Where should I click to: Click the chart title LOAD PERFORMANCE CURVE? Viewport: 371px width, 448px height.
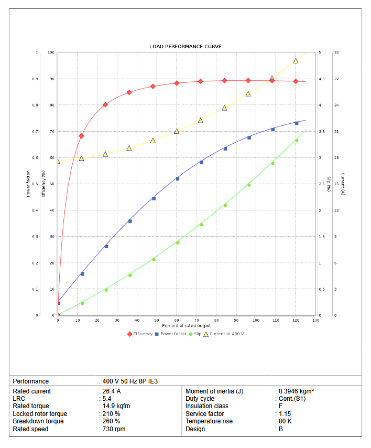click(x=185, y=47)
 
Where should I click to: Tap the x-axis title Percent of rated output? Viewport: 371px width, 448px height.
click(x=187, y=326)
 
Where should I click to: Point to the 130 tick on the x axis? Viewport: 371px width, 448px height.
click(x=316, y=320)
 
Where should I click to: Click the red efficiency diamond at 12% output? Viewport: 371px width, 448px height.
click(x=81, y=136)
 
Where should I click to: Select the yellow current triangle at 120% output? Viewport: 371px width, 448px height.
click(x=296, y=61)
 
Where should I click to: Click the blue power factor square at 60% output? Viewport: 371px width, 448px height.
click(x=178, y=179)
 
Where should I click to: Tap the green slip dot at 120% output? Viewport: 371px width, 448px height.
click(x=297, y=140)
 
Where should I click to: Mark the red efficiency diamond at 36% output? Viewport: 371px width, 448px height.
click(x=129, y=92)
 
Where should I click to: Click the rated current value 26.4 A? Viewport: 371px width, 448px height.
click(x=112, y=391)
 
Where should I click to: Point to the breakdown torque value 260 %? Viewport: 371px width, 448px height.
click(x=111, y=421)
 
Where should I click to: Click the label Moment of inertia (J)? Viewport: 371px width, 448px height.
click(x=214, y=391)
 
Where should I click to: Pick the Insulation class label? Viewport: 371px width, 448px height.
click(x=206, y=406)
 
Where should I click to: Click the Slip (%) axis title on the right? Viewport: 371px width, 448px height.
click(x=329, y=184)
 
